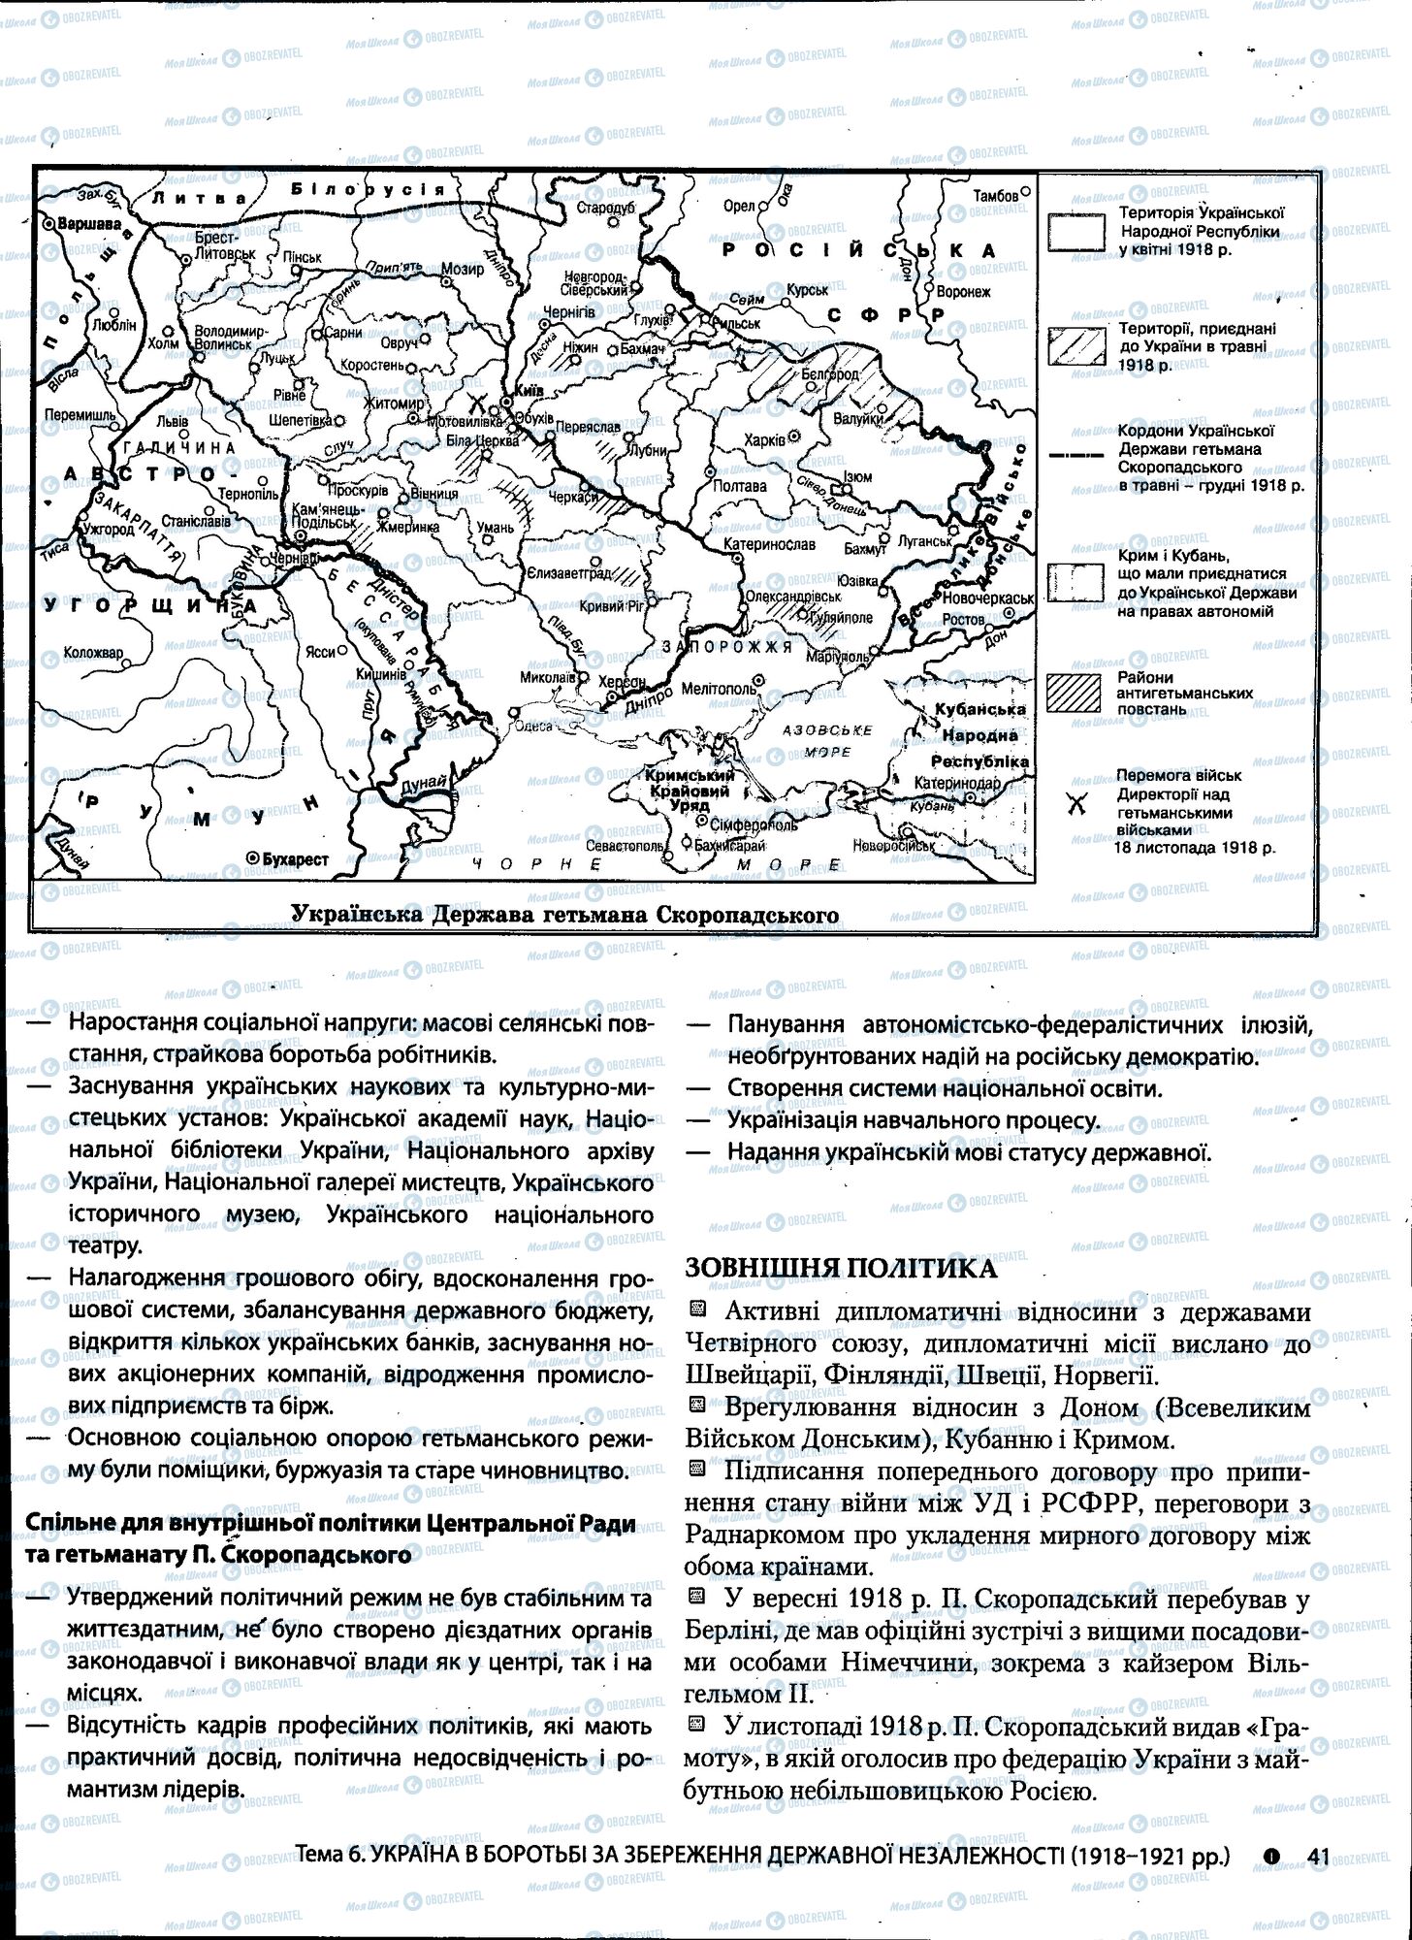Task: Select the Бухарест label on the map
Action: pyautogui.click(x=294, y=858)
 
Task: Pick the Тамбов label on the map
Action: pyautogui.click(x=996, y=196)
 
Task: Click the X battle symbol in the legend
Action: pyautogui.click(x=1075, y=804)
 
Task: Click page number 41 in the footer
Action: pyautogui.click(x=1316, y=1857)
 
